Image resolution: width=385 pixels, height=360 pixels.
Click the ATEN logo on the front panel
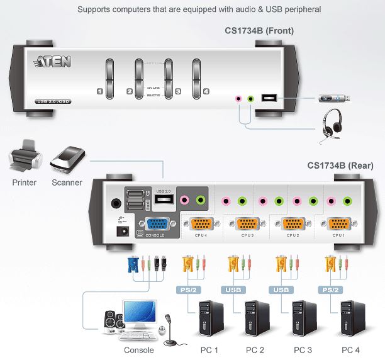pos(53,62)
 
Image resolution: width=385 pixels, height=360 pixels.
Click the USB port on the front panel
pos(269,98)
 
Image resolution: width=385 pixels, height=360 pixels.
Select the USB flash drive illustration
pos(333,98)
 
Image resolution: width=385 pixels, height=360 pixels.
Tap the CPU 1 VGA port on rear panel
pos(338,224)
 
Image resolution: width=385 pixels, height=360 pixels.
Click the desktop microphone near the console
pos(169,330)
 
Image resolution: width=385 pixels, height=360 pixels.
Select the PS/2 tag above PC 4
pos(330,290)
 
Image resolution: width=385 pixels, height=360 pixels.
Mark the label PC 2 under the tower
pos(254,350)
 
